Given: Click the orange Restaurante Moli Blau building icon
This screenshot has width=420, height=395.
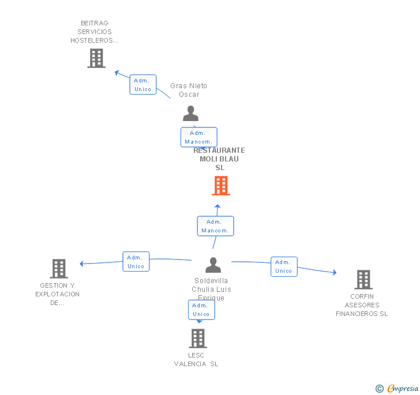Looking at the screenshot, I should pos(221,186).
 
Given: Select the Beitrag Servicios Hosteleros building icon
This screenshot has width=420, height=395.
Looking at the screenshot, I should pos(96,58).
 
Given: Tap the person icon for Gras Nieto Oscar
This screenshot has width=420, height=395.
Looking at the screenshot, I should pos(190,114).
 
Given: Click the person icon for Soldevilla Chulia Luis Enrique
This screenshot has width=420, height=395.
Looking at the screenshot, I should pos(213,265).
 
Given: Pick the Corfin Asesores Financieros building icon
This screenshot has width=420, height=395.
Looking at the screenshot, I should pos(363,280).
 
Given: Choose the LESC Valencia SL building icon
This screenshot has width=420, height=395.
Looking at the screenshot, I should pos(198,338).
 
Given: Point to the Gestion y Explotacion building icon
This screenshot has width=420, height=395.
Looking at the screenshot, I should pos(59,269).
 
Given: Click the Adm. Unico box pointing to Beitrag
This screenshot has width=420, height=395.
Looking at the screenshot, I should pos(142,85).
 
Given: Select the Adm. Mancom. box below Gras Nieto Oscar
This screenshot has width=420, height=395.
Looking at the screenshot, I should pos(198,137).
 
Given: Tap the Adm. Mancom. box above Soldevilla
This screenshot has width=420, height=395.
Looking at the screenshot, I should pos(215,226).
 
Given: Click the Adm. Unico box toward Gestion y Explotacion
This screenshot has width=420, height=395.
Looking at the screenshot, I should pos(136,262).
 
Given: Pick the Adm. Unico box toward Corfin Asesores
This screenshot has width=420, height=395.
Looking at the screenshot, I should pos(283,266).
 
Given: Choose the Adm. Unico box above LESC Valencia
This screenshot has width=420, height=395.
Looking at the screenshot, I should pos(201,310).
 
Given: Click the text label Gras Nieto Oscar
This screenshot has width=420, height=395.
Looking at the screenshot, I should pos(189,90).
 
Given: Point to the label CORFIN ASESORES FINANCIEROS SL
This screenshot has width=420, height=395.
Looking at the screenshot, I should pos(362,305).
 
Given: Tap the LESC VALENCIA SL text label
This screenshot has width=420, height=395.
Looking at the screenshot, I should pos(196,359).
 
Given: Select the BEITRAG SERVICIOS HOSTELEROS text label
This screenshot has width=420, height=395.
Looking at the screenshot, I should pos(95,32).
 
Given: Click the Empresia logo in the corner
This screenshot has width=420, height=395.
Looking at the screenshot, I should pos(397,388).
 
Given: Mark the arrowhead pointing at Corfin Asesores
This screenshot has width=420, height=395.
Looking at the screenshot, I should pos(334,272).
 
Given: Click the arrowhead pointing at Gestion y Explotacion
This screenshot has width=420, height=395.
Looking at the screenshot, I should pos(82,264).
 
